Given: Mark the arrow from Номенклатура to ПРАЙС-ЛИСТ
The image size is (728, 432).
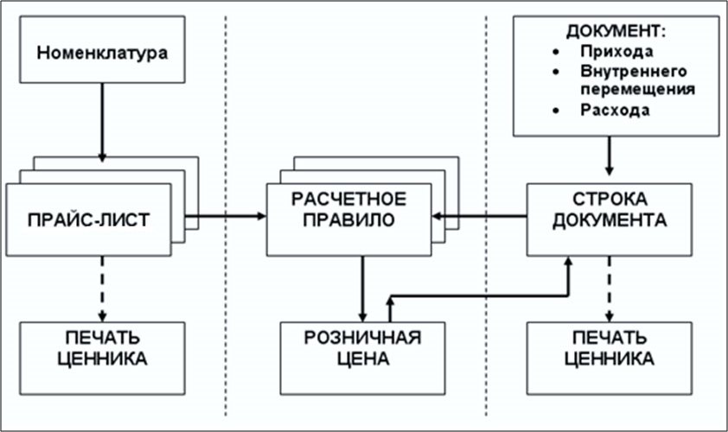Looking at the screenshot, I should click(x=102, y=126).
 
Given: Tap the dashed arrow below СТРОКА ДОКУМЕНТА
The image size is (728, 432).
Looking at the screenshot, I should click(x=610, y=288).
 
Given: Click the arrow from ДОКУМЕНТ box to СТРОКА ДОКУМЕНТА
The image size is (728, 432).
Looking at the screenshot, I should click(x=610, y=157).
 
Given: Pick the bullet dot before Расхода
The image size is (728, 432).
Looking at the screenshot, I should click(x=554, y=111).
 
